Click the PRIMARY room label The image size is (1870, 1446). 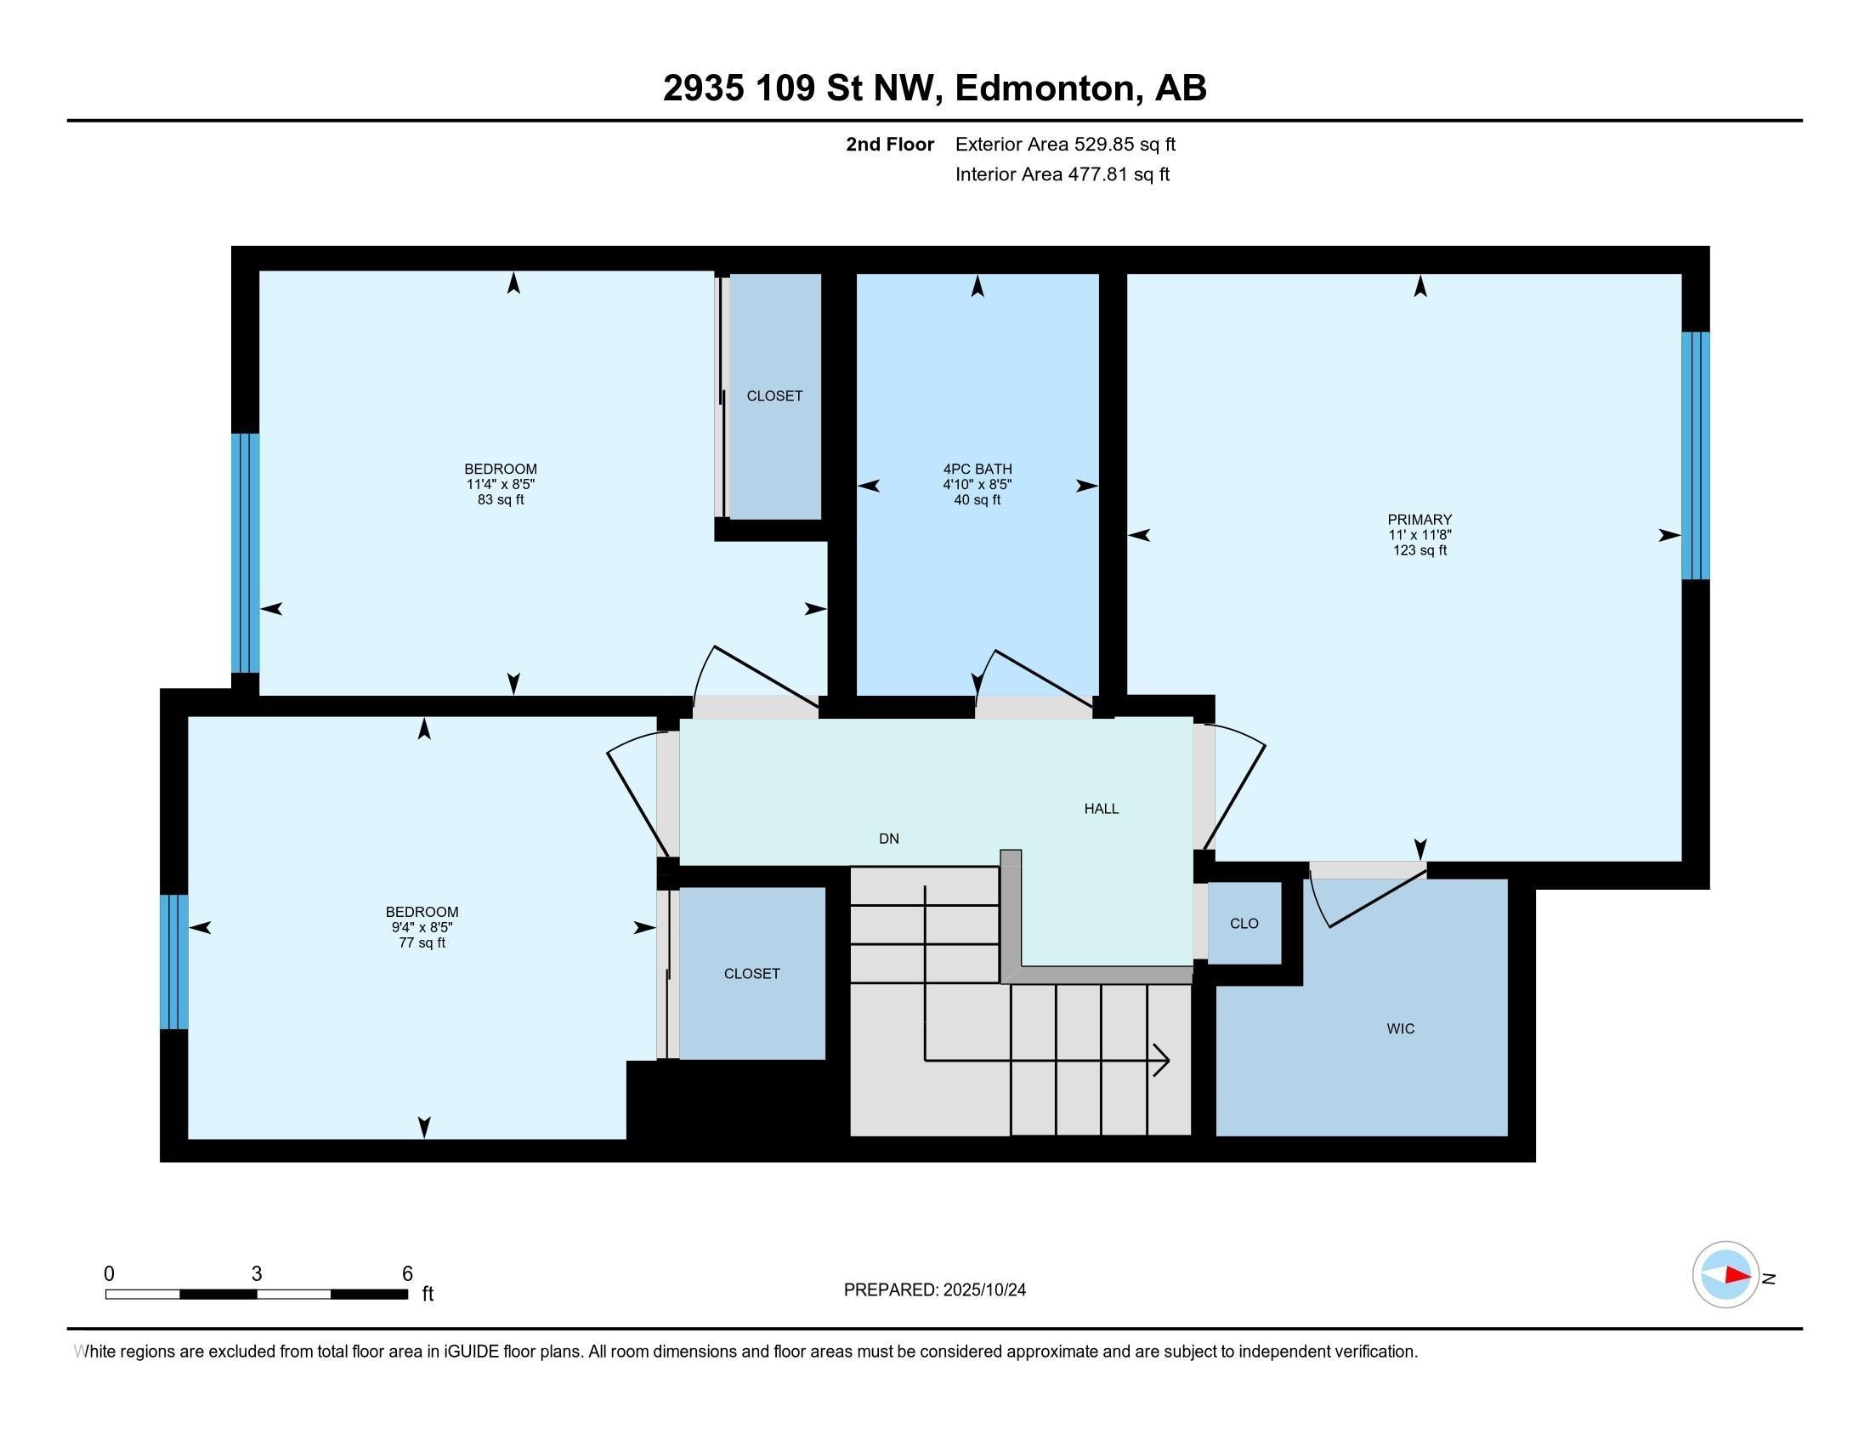point(1419,519)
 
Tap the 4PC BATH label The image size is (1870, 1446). point(977,469)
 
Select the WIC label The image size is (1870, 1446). point(1400,1028)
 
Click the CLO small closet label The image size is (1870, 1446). point(1244,924)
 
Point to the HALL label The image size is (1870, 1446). point(1101,809)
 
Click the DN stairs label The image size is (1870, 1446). point(889,839)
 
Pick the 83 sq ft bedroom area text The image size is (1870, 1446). point(500,499)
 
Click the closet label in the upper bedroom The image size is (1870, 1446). point(774,396)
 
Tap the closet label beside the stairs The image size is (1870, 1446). point(751,973)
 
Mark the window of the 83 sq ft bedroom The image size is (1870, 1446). point(245,553)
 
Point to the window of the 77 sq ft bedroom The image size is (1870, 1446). point(173,961)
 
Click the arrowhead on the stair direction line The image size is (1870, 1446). point(1163,1061)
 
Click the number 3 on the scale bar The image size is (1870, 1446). point(256,1274)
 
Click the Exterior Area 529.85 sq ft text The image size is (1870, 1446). point(1064,144)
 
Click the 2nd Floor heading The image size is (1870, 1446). point(889,144)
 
